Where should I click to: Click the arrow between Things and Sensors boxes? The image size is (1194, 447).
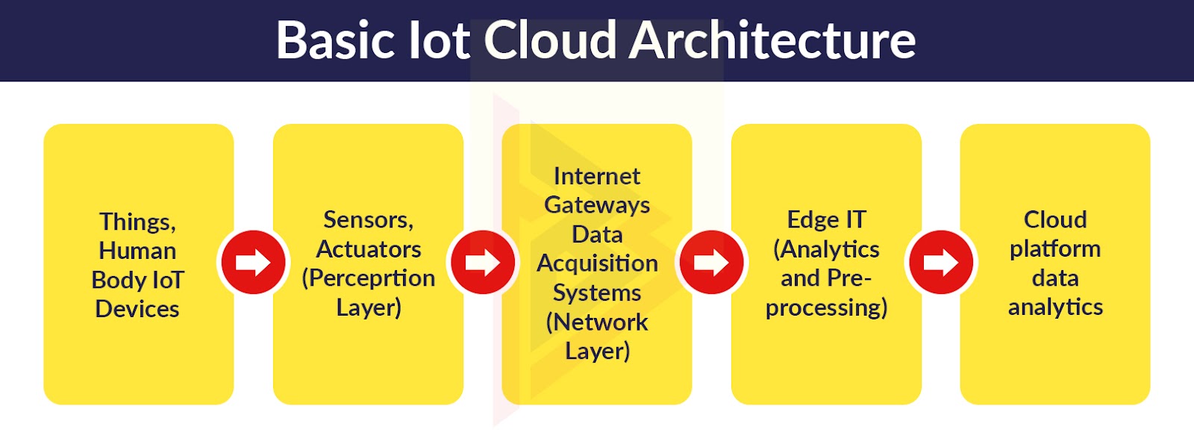pos(253,262)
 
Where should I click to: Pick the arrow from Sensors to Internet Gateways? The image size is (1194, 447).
pos(482,262)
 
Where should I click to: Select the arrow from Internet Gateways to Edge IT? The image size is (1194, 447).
pos(712,262)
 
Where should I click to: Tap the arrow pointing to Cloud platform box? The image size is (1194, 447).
pos(941,262)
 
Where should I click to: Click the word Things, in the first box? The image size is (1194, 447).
pos(137,222)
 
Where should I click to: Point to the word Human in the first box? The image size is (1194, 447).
pos(137,251)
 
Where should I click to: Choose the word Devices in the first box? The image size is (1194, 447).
pos(137,309)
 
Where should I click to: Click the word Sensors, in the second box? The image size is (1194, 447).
pos(369,219)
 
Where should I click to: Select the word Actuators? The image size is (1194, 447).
pos(369,248)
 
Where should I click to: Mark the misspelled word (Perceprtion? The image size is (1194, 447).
pos(369,278)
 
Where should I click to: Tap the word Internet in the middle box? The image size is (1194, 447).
pos(597,176)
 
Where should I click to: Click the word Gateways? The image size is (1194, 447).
pos(597,206)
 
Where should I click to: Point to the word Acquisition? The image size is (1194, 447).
pos(597,263)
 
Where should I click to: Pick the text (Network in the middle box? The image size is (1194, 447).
pos(597,322)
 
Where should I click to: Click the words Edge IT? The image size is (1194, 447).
pos(826,219)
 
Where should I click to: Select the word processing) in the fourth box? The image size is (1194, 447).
pos(826,308)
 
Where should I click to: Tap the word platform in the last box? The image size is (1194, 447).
pos(1055,249)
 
